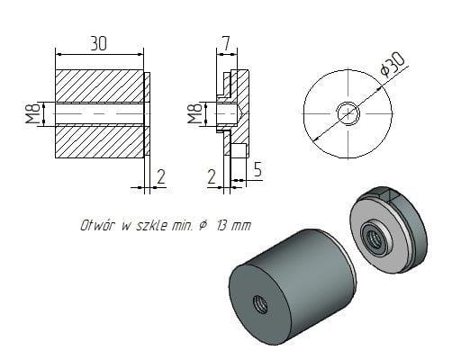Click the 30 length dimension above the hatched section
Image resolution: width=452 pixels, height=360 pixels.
tap(100, 41)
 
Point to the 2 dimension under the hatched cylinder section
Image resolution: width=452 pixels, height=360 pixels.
tap(160, 177)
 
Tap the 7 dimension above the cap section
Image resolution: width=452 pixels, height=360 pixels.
tap(224, 41)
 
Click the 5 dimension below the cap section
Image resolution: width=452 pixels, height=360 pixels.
tap(257, 167)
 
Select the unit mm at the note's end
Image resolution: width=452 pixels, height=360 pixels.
tap(240, 225)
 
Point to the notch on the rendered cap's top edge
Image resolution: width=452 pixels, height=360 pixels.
tap(387, 193)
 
